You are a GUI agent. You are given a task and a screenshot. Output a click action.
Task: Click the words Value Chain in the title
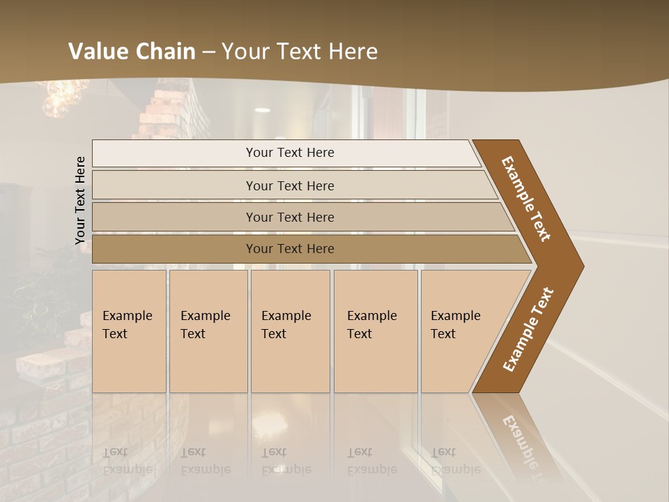[x=132, y=52]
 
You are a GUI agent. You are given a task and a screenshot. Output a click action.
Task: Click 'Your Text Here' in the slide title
[x=300, y=52]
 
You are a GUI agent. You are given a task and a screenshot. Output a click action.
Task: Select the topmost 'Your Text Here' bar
[x=289, y=153]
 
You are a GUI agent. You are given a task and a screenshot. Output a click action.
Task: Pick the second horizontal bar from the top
[x=289, y=185]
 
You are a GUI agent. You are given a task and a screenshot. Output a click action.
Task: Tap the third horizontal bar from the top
[x=289, y=217]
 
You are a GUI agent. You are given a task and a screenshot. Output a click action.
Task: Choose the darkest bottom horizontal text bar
[x=289, y=249]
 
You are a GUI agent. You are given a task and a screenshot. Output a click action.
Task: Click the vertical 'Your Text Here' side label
[x=80, y=200]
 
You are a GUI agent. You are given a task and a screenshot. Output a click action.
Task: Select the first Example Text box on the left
[x=129, y=330]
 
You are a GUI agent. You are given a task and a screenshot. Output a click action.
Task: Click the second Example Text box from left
[x=208, y=330]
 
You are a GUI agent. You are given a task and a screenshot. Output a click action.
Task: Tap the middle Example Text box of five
[x=289, y=330]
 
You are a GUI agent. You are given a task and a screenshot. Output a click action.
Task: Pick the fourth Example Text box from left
[x=375, y=330]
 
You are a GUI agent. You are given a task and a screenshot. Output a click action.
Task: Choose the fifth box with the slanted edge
[x=460, y=330]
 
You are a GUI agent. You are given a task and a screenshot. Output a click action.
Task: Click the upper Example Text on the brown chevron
[x=526, y=198]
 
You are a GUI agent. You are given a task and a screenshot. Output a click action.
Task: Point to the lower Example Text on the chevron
[x=528, y=329]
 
